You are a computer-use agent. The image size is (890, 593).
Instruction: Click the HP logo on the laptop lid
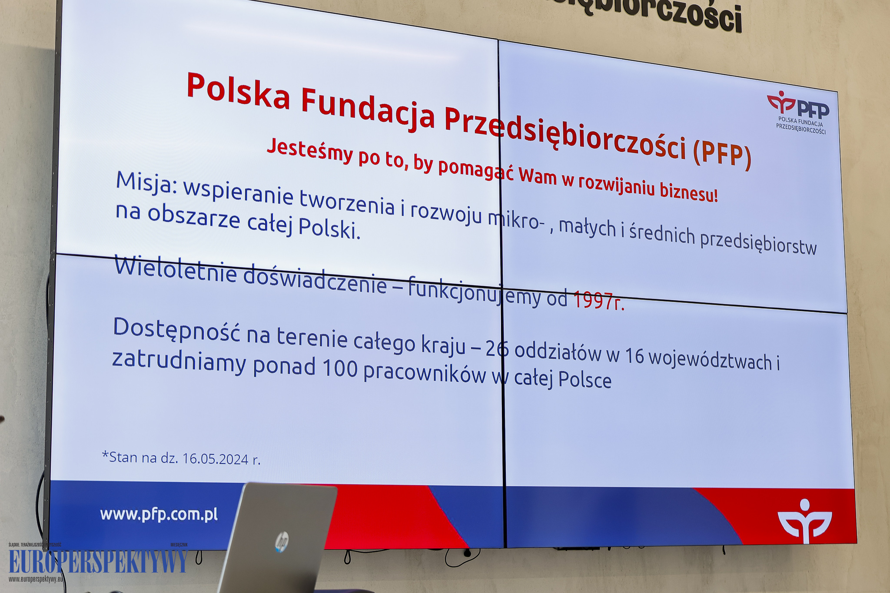pyautogui.click(x=282, y=542)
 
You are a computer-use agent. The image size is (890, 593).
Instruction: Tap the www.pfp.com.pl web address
pyautogui.click(x=159, y=514)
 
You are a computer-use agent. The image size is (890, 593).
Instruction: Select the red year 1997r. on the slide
pyautogui.click(x=598, y=301)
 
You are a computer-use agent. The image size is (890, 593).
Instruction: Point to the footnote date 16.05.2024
pyautogui.click(x=215, y=459)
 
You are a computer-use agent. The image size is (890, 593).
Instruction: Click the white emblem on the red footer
pyautogui.click(x=805, y=520)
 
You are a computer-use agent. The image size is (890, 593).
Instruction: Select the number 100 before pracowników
pyautogui.click(x=340, y=368)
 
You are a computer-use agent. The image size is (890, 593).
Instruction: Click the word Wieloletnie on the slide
pyautogui.click(x=176, y=269)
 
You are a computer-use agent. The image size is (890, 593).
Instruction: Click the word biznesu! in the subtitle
pyautogui.click(x=688, y=192)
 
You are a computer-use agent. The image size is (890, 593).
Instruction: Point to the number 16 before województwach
pyautogui.click(x=634, y=356)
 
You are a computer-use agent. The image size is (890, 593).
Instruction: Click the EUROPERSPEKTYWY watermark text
pyautogui.click(x=98, y=562)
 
